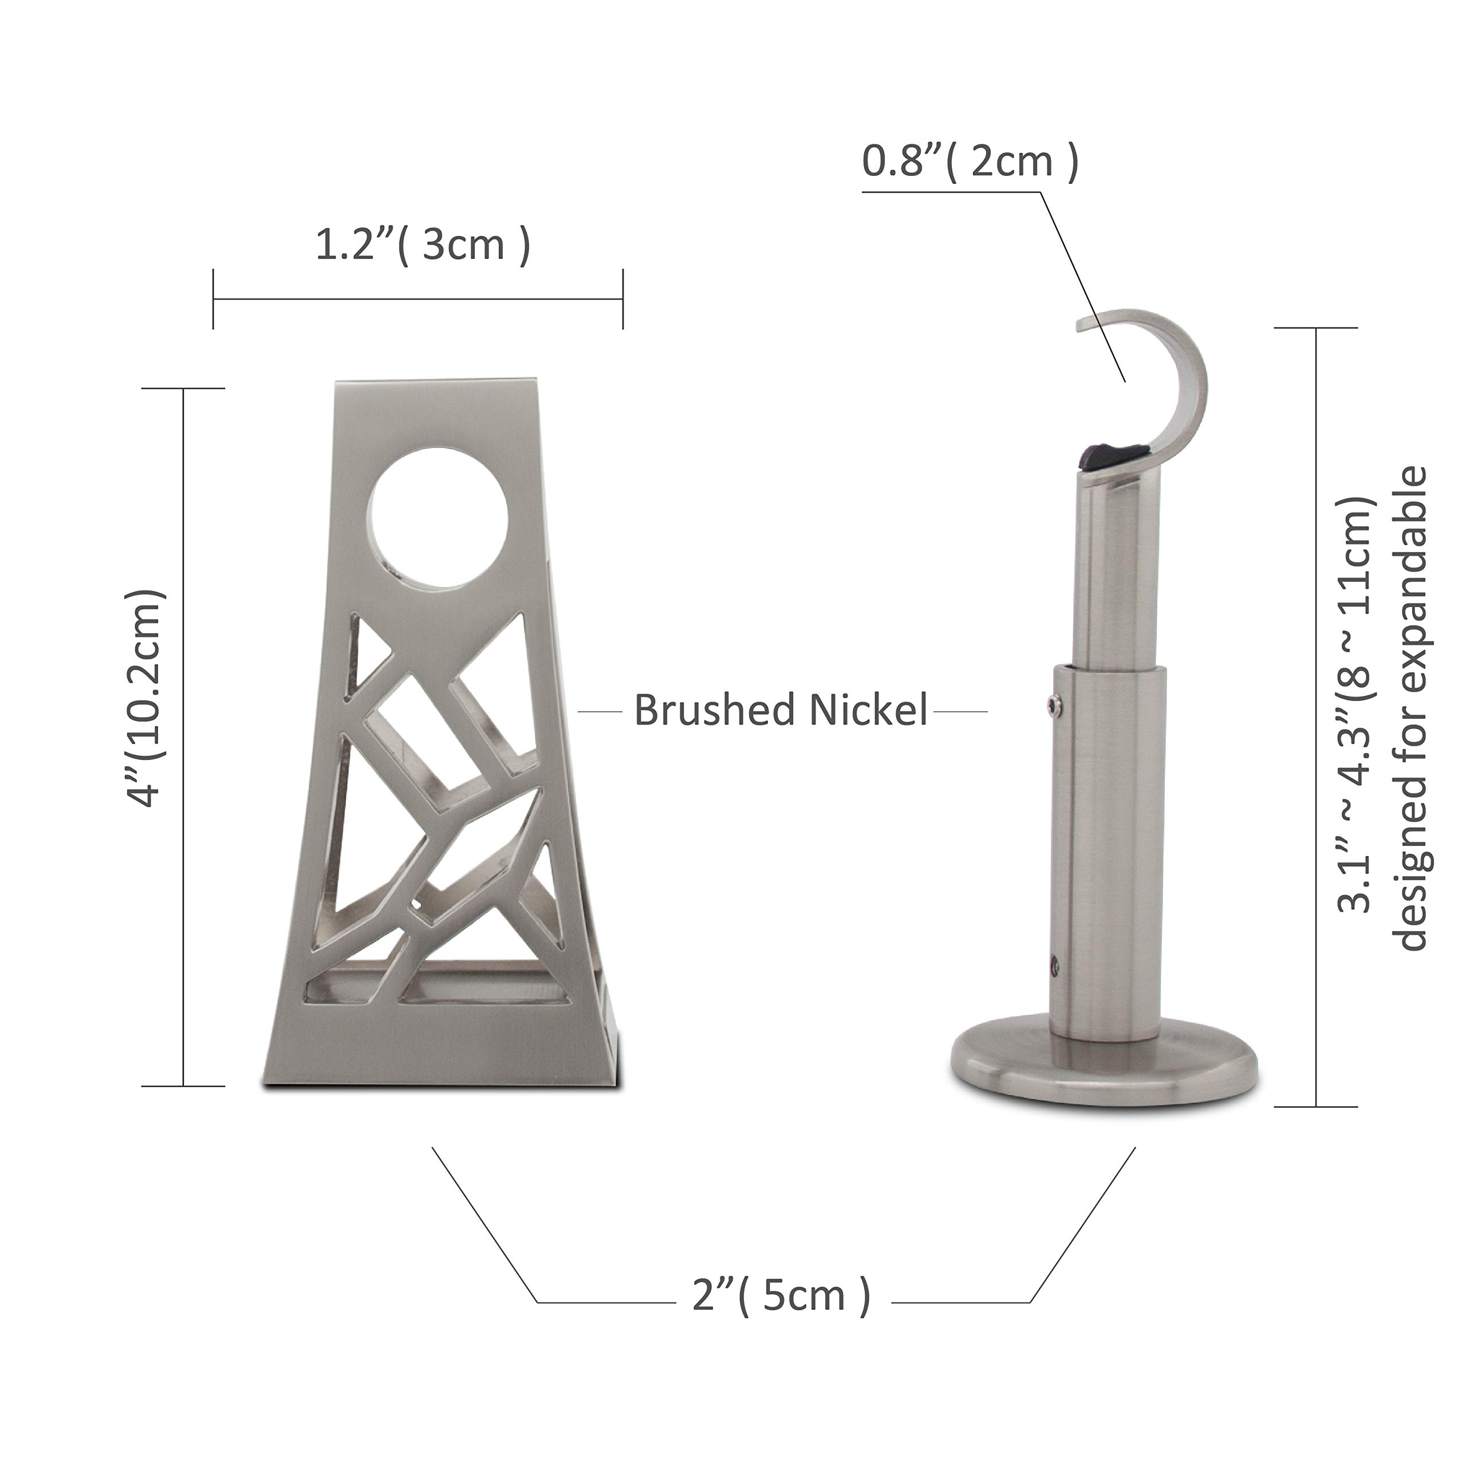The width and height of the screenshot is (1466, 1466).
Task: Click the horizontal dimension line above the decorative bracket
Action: [x=417, y=299]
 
